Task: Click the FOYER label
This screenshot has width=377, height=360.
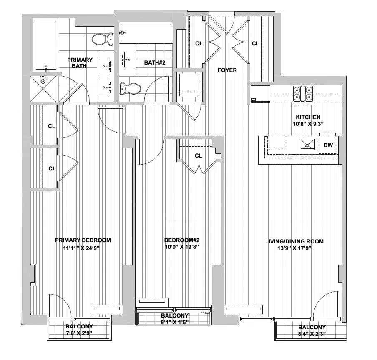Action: [227, 70]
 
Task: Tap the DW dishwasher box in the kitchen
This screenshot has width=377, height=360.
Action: [328, 145]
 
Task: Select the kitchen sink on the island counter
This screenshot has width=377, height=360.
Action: [307, 145]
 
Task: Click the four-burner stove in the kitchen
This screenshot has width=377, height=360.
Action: [303, 93]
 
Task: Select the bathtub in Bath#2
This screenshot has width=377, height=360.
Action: [146, 32]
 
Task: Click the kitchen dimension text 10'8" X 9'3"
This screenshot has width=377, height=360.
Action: [308, 124]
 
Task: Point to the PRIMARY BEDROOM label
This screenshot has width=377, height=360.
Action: [83, 240]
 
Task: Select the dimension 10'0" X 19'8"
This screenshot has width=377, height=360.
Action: [182, 247]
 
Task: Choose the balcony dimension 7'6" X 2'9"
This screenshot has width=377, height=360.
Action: [79, 333]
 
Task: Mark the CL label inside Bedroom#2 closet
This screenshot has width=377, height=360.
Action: [199, 155]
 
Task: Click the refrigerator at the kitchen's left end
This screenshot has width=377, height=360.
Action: [260, 94]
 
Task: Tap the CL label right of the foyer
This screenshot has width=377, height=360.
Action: [255, 43]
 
